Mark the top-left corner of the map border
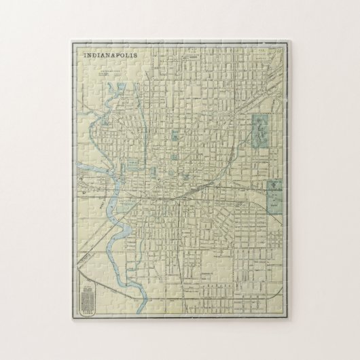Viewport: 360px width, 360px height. [x=73, y=42]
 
